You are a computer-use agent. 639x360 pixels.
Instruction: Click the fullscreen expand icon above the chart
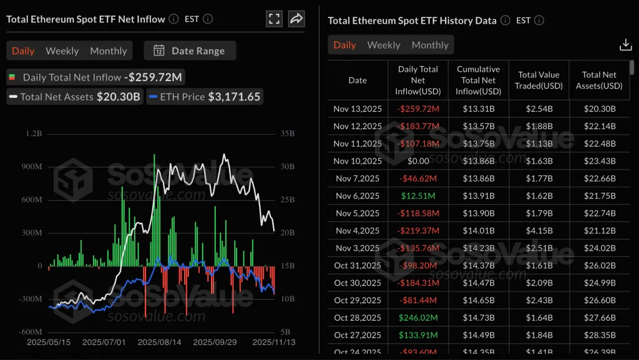pyautogui.click(x=274, y=19)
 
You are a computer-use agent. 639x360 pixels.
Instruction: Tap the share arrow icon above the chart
pyautogui.click(x=296, y=19)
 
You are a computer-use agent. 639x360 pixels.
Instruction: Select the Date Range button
pyautogui.click(x=190, y=51)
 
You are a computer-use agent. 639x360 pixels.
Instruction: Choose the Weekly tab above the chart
pyautogui.click(x=62, y=51)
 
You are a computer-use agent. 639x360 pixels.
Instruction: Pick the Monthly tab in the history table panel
pyautogui.click(x=430, y=45)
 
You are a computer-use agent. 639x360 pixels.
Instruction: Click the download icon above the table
pyautogui.click(x=625, y=44)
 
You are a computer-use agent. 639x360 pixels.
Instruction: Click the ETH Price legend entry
pyautogui.click(x=204, y=97)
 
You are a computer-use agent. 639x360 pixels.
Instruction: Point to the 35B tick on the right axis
pyautogui.click(x=288, y=134)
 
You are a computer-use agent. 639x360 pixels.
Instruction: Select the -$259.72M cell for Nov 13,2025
pyautogui.click(x=418, y=109)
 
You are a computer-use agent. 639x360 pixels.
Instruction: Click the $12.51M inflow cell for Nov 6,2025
pyautogui.click(x=418, y=196)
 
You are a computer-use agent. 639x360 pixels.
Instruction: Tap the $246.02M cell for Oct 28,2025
pyautogui.click(x=418, y=318)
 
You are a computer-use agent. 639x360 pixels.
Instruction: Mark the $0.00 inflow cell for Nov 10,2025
pyautogui.click(x=418, y=161)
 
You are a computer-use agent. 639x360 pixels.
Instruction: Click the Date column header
pyautogui.click(x=358, y=80)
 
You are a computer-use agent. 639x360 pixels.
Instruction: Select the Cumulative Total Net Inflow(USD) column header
pyautogui.click(x=479, y=80)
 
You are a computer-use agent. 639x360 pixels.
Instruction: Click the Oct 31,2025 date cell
pyautogui.click(x=358, y=265)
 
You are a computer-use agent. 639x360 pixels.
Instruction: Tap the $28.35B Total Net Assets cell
pyautogui.click(x=599, y=335)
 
